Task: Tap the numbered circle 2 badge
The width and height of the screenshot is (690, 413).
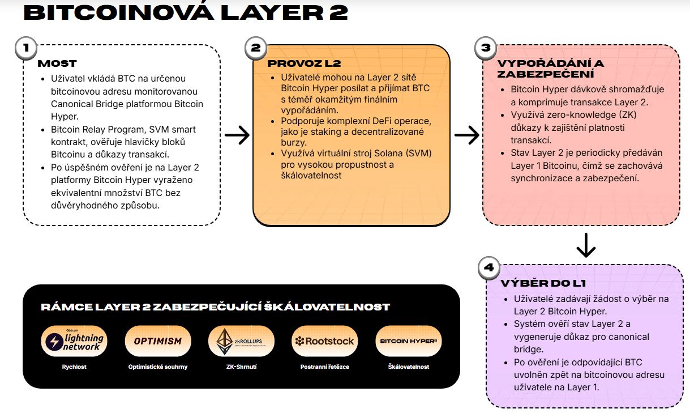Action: (x=255, y=48)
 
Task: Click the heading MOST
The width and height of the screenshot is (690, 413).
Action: (x=57, y=63)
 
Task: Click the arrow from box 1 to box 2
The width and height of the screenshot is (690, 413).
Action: (x=237, y=135)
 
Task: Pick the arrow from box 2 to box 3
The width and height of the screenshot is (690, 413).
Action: (x=466, y=135)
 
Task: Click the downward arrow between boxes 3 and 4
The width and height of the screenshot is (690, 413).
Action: (x=586, y=244)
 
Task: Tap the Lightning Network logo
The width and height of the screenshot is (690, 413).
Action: (x=74, y=341)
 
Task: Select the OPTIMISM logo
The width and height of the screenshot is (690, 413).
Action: (x=158, y=341)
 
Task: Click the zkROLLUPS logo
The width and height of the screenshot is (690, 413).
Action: (x=241, y=341)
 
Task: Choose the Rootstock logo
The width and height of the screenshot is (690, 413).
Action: (x=324, y=341)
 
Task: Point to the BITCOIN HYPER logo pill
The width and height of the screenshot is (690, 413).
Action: (x=408, y=341)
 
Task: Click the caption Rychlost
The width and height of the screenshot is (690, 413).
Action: (x=74, y=367)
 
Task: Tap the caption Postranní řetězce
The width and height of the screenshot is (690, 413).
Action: (x=324, y=367)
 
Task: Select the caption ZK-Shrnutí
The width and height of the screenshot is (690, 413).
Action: (x=241, y=367)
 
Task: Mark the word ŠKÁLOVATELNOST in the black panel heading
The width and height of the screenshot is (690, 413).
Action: (x=341, y=307)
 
